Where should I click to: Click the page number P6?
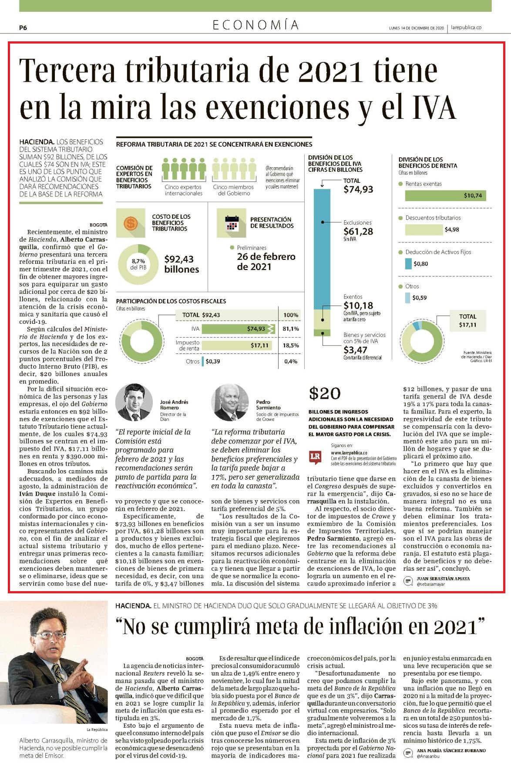pyautogui.click(x=23, y=28)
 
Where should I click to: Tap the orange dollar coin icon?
pyautogui.click(x=131, y=223)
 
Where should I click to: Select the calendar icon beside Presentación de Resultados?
pyautogui.click(x=232, y=223)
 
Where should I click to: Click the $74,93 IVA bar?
pyautogui.click(x=238, y=329)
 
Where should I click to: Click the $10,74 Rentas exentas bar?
pyautogui.click(x=445, y=195)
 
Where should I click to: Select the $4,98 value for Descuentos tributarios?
pyautogui.click(x=452, y=229)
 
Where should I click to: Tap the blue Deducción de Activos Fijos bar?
pyautogui.click(x=408, y=263)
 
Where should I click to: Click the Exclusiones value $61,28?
pyautogui.click(x=358, y=231)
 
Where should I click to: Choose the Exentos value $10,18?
pyautogui.click(x=358, y=305)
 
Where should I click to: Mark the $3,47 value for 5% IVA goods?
pyautogui.click(x=355, y=350)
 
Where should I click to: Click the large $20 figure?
pyautogui.click(x=325, y=394)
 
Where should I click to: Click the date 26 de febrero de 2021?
pyautogui.click(x=266, y=262)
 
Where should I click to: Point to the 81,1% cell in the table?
pyautogui.click(x=291, y=329)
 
